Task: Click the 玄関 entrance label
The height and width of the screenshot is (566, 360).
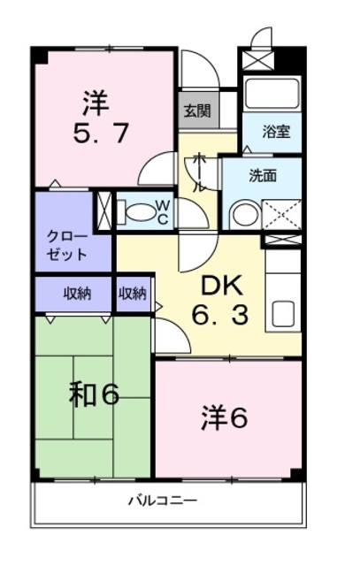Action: click(x=197, y=111)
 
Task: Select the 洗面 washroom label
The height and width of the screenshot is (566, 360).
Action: click(x=263, y=175)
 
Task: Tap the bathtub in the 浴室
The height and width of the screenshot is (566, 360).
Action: click(x=272, y=94)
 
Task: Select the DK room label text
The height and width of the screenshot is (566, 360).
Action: click(x=219, y=286)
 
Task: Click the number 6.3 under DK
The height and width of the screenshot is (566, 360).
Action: click(x=220, y=315)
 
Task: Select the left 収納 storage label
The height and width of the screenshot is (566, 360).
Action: click(x=76, y=294)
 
